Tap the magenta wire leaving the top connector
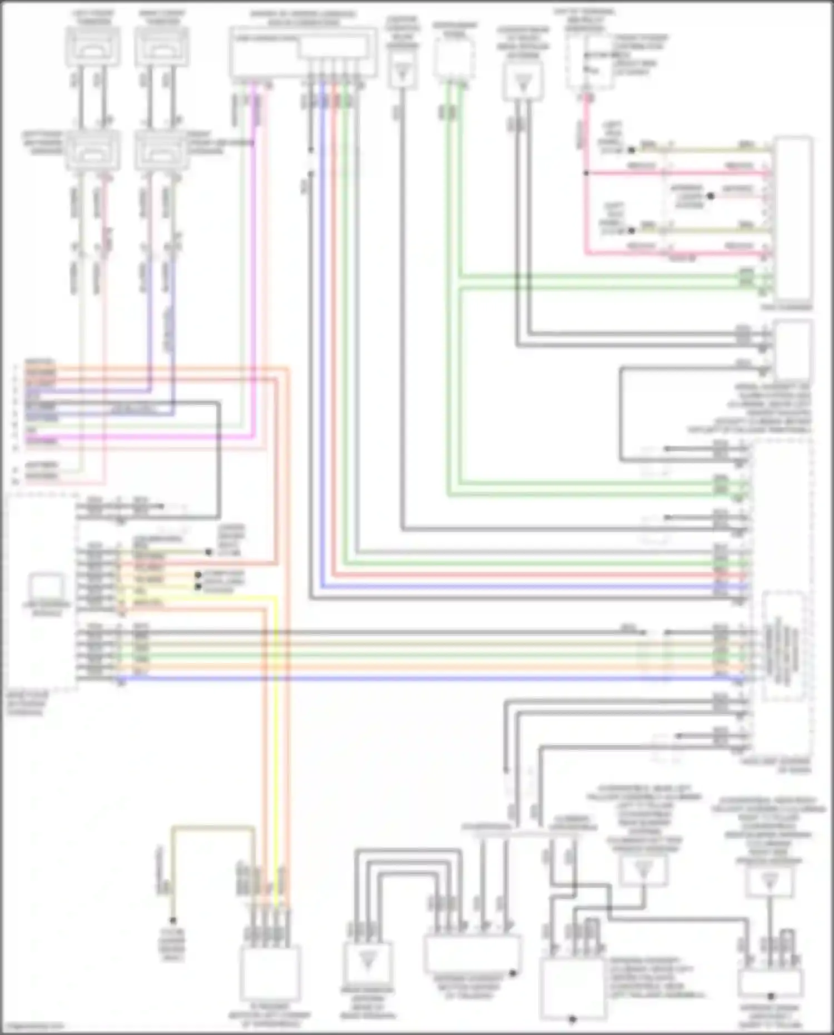coord(254,222)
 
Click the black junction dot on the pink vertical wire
coord(585,173)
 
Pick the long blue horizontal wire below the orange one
coord(389,679)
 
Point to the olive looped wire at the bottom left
coord(211,828)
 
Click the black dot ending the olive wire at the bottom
coord(173,920)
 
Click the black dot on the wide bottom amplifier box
coord(513,973)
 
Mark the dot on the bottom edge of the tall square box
coord(572,1019)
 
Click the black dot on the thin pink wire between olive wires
coord(710,196)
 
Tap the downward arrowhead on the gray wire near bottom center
coord(505,770)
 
